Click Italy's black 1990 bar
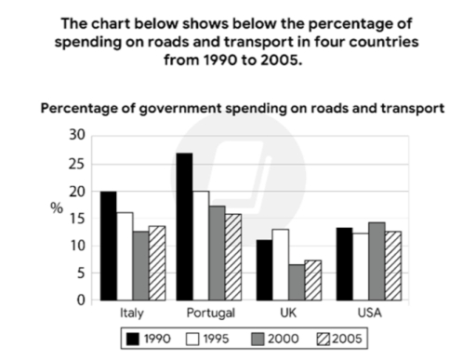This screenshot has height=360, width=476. pos(108,246)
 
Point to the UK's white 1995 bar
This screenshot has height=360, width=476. pos(278,264)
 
